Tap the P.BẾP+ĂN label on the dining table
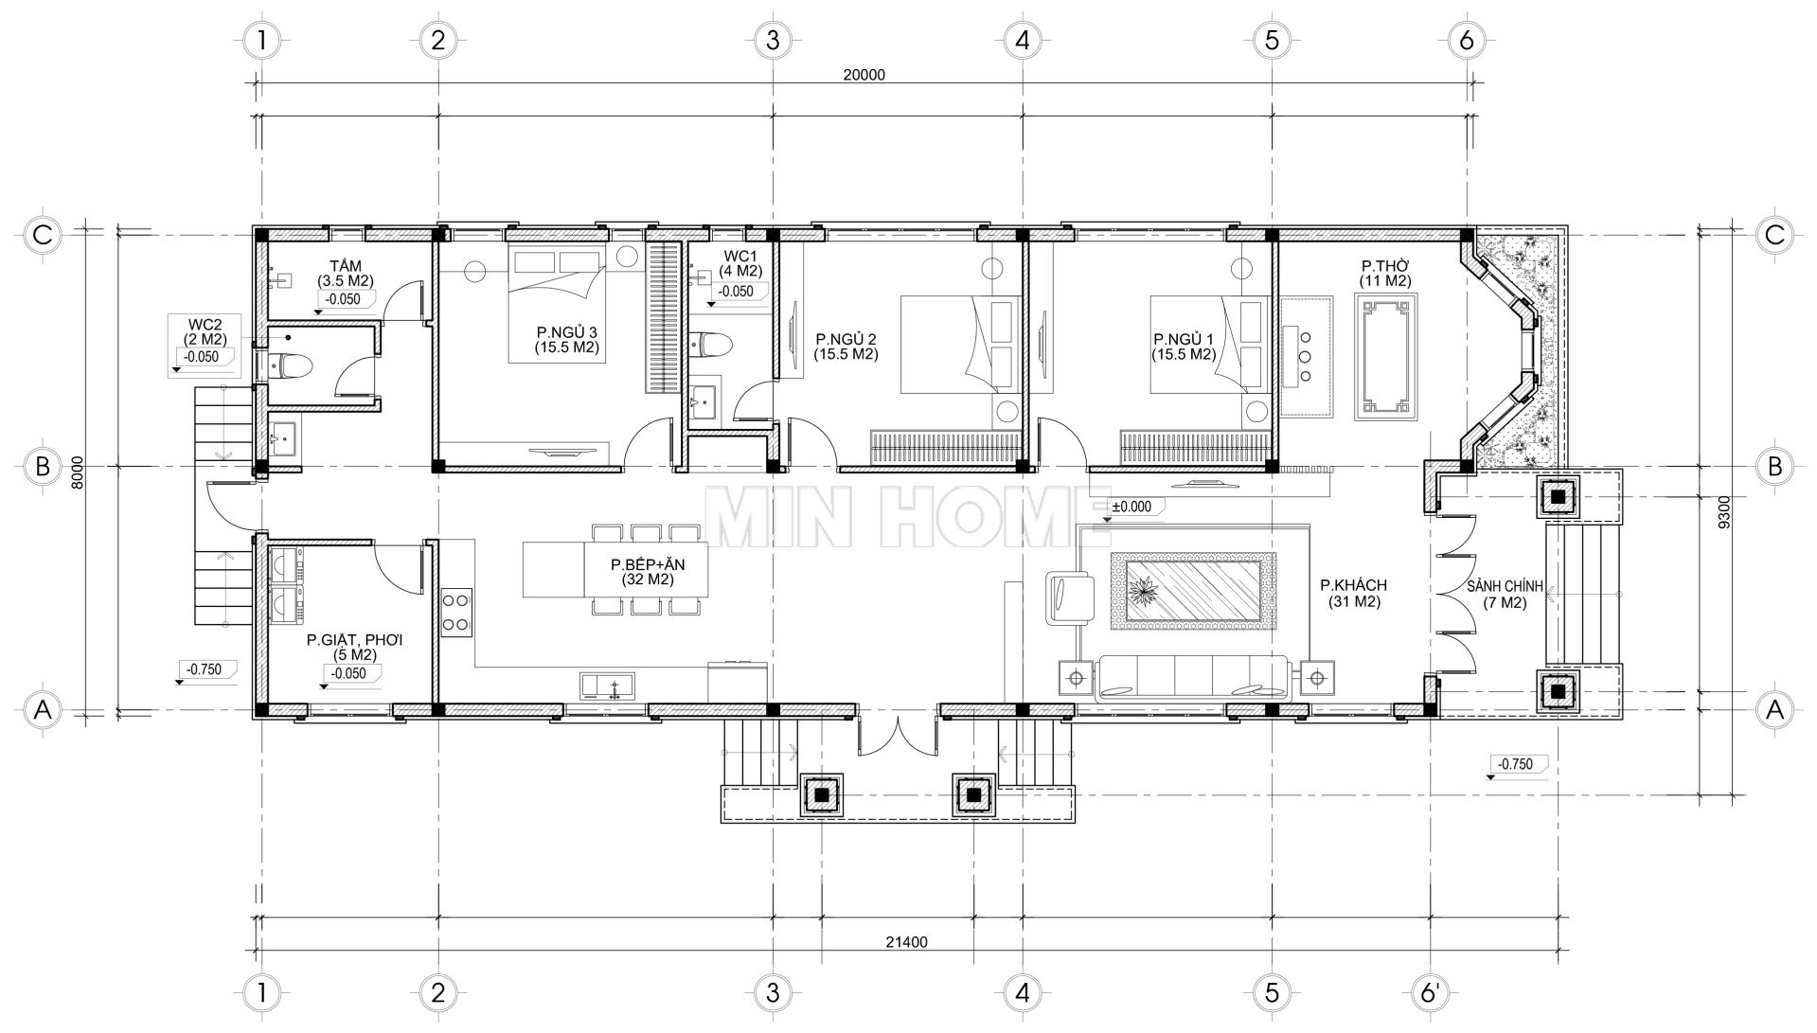(648, 572)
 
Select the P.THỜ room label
(1386, 274)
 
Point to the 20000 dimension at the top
(863, 76)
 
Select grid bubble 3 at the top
(772, 41)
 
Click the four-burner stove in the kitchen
(455, 612)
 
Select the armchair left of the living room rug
(1070, 597)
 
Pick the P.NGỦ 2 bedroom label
(846, 347)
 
